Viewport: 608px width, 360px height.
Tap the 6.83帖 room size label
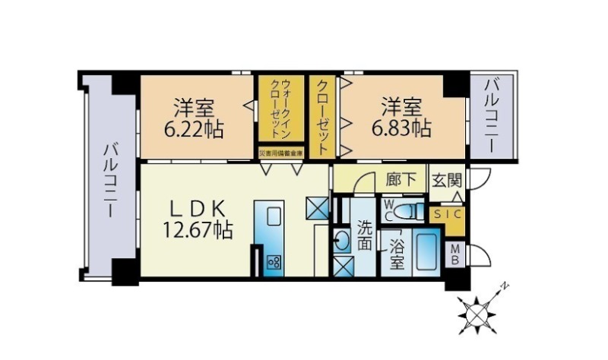point(401,128)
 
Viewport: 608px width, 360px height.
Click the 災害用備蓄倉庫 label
point(280,153)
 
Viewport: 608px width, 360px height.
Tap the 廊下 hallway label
point(401,182)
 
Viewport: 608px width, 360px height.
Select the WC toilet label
point(388,210)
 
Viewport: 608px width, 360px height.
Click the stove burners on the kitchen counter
point(274,262)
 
